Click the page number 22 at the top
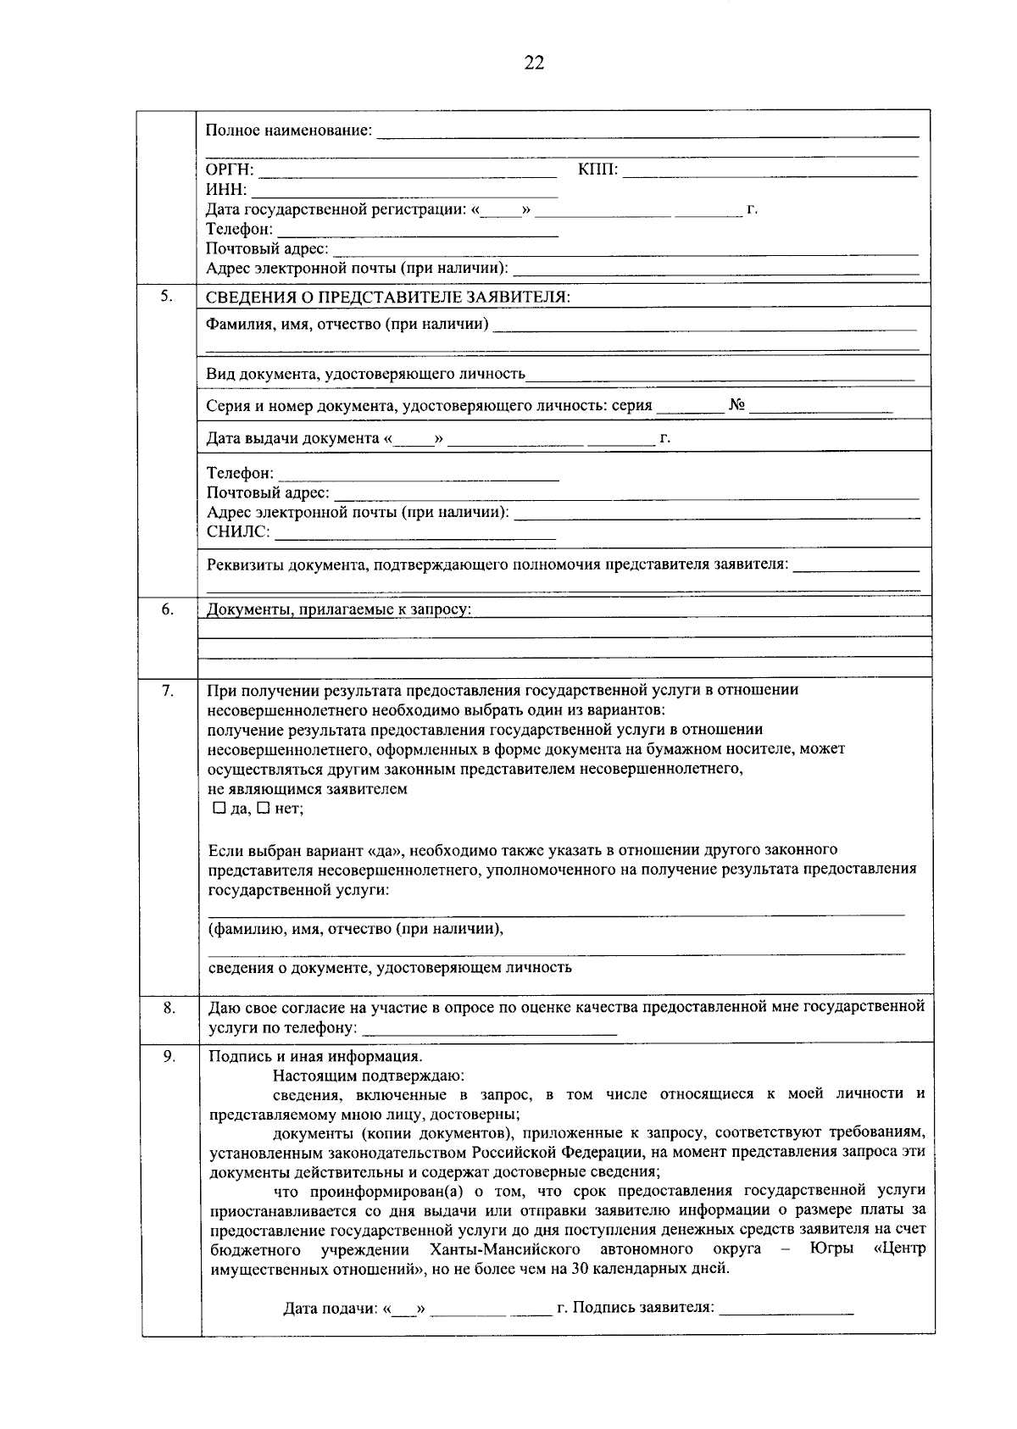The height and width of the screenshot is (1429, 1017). (x=534, y=64)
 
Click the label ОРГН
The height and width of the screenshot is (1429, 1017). (x=230, y=170)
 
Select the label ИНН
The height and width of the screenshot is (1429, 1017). (x=226, y=190)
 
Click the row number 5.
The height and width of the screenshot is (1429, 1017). (x=168, y=296)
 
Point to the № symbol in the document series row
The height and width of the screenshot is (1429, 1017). (x=736, y=405)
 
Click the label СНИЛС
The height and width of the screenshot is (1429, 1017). (x=238, y=532)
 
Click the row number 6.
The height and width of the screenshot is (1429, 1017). (x=168, y=609)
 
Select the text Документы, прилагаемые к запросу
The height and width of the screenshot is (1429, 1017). (x=339, y=609)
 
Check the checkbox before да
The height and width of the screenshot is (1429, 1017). (x=220, y=809)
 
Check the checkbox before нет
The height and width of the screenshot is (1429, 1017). (x=264, y=809)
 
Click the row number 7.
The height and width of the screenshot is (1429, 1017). (x=168, y=690)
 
